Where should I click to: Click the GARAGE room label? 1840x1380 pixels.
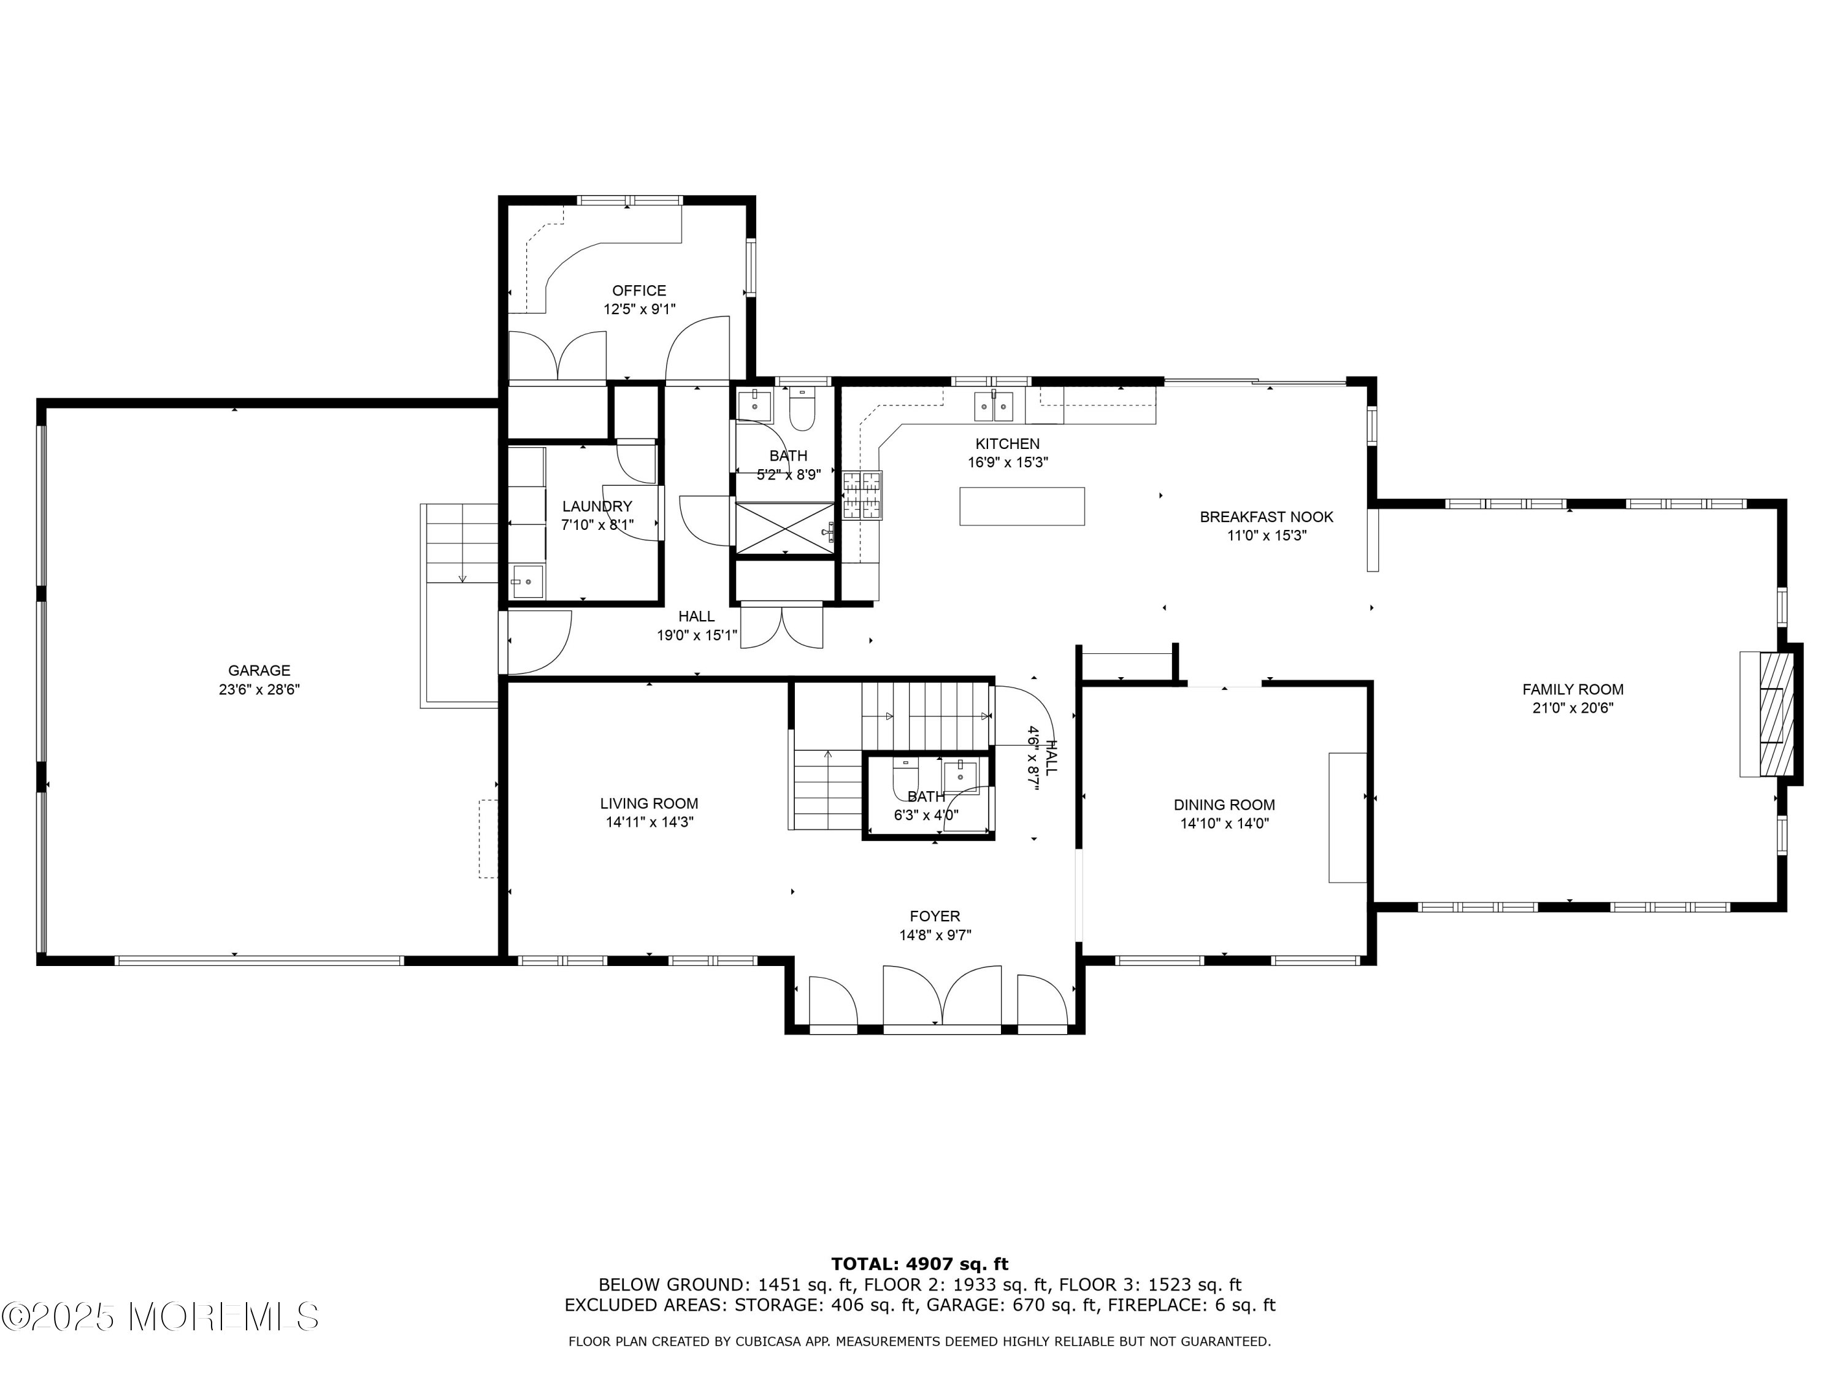click(259, 670)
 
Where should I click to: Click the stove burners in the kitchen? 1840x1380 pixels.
click(862, 495)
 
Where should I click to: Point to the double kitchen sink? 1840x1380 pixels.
click(994, 407)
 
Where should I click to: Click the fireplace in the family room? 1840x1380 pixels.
click(1768, 714)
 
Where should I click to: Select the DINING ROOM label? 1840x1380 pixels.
click(1224, 805)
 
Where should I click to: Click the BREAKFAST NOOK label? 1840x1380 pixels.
click(1266, 518)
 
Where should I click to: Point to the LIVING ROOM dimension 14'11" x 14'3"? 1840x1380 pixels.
click(649, 822)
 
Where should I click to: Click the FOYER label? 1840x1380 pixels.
click(935, 917)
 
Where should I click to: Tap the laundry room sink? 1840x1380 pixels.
click(527, 581)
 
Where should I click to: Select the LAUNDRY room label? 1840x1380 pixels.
click(597, 507)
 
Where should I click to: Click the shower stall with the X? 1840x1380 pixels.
click(785, 527)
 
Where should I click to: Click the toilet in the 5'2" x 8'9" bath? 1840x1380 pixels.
click(802, 408)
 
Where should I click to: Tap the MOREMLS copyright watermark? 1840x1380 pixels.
click(161, 1316)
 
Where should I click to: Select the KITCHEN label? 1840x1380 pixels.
click(1007, 444)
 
